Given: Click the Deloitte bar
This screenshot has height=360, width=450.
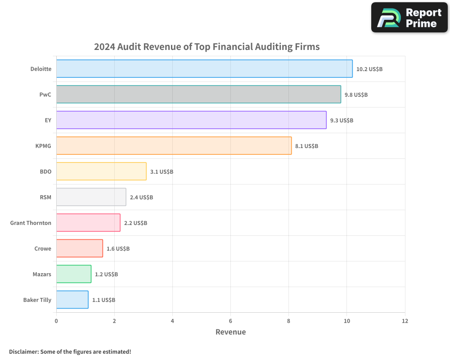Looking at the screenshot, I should (204, 69).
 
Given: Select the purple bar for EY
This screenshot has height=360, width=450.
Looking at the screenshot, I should (191, 120).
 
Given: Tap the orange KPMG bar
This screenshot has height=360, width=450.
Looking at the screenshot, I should (174, 146).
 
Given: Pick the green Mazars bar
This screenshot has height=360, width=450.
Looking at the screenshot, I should (74, 274).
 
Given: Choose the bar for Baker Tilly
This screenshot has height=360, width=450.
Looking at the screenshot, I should (72, 300).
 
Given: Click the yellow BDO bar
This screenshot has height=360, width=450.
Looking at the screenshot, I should (101, 171).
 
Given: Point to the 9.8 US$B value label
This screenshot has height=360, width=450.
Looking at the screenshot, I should (356, 95).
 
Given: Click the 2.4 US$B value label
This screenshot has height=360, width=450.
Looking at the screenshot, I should (141, 198).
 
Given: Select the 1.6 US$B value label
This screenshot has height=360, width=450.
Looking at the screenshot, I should (118, 249).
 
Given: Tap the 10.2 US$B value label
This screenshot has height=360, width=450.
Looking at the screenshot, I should (369, 69).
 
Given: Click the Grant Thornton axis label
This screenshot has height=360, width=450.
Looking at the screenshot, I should (31, 223).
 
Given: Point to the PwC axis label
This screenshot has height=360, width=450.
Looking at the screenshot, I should (45, 95).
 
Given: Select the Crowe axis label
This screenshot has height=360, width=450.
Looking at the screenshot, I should (43, 249).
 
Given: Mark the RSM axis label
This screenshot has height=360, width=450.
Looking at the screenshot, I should (45, 198).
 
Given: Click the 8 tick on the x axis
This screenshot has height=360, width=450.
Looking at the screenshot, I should (288, 321).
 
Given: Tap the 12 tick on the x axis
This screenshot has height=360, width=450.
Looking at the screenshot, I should (405, 321).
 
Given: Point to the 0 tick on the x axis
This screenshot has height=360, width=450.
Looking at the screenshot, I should (56, 321).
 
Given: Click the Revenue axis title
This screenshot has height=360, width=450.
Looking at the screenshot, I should (230, 332).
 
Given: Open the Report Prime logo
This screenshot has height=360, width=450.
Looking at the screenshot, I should (409, 18).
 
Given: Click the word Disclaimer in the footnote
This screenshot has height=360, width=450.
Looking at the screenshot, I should (23, 351).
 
